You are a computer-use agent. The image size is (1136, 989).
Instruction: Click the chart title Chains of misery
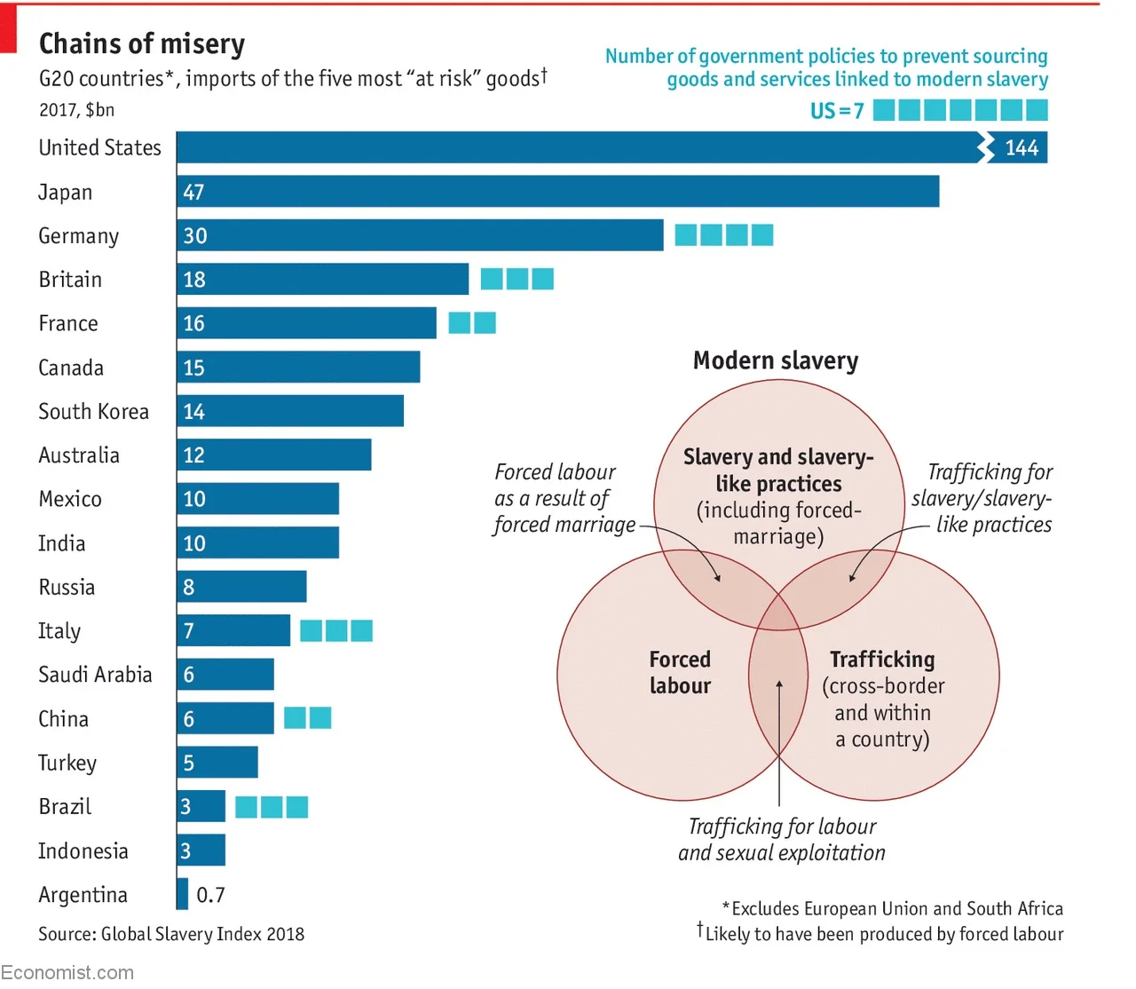[x=142, y=44]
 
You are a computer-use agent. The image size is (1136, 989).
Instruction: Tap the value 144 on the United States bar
[x=1021, y=148]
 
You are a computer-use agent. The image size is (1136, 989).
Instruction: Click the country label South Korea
[x=93, y=412]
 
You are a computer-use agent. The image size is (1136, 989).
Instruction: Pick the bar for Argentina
[x=183, y=894]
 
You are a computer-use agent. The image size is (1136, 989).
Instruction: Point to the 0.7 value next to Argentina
[x=210, y=895]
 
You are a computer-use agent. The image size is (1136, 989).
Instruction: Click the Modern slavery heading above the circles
[x=776, y=360]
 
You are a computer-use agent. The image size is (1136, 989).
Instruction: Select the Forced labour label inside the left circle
[x=680, y=672]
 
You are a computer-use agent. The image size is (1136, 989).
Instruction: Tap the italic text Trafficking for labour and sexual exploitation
[x=782, y=840]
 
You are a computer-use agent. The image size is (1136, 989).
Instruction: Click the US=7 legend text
[x=836, y=111]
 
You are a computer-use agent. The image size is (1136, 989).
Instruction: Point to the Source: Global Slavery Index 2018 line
[x=171, y=934]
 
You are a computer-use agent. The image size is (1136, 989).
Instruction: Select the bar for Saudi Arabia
[x=225, y=675]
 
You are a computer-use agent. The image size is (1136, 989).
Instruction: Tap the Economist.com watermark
[x=67, y=972]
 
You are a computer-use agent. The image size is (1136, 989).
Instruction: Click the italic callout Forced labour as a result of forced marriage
[x=564, y=498]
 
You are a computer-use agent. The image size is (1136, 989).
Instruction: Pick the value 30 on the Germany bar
[x=195, y=236]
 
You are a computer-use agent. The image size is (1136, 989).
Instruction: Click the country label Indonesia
[x=83, y=851]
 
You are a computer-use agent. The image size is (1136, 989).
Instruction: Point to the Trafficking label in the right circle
[x=882, y=660]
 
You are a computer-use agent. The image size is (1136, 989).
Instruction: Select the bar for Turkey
[x=217, y=763]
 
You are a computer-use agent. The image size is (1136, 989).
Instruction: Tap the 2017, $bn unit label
[x=76, y=110]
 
